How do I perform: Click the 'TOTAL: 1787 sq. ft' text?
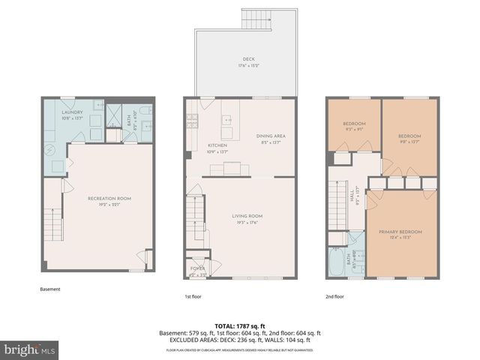pyautogui.click(x=239, y=325)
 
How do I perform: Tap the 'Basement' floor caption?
pyautogui.click(x=49, y=289)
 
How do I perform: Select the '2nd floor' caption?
pyautogui.click(x=335, y=296)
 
